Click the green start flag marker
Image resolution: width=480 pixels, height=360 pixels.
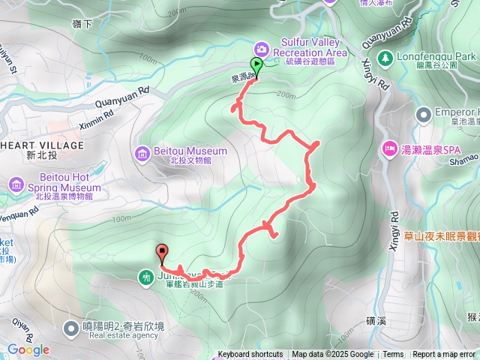pyautogui.click(x=256, y=66)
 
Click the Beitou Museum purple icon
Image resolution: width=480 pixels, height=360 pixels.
pyautogui.click(x=143, y=153)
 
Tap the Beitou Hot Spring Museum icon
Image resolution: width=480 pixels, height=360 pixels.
pyautogui.click(x=16, y=184)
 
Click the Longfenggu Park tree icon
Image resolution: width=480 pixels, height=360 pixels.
pyautogui.click(x=385, y=57)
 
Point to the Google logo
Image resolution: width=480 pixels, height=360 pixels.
pyautogui.click(x=28, y=349)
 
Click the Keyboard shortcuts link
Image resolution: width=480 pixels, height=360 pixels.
pyautogui.click(x=250, y=355)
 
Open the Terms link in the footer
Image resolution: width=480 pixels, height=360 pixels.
pyautogui.click(x=393, y=355)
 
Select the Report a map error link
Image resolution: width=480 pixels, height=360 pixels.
pyautogui.click(x=444, y=355)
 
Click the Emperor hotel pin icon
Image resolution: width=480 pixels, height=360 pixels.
pyautogui.click(x=421, y=113)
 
